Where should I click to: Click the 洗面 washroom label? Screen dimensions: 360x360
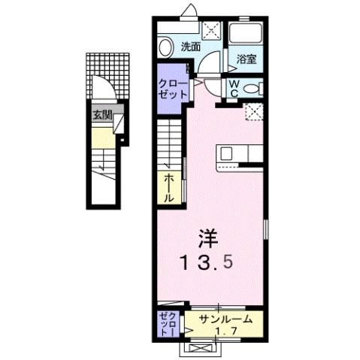coord(190,47)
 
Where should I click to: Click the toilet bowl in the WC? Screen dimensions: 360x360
coord(253,88)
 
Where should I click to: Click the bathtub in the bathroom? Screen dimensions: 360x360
coord(246,33)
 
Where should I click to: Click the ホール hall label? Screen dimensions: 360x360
coord(170,187)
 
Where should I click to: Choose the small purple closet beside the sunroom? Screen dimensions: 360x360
coord(167,323)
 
